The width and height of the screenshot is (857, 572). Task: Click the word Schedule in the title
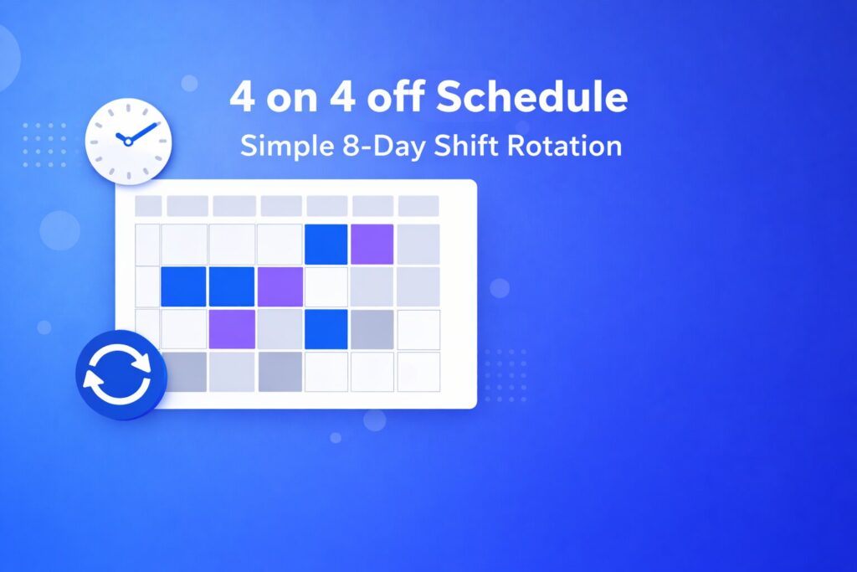[x=531, y=98]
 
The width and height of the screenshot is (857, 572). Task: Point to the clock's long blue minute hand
[x=143, y=132]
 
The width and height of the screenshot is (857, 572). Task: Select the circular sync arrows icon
[x=121, y=379]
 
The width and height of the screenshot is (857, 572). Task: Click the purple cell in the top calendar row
[x=372, y=244]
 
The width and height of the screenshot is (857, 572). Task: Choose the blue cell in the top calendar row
[x=326, y=244]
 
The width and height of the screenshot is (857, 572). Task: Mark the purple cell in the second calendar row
[x=280, y=286]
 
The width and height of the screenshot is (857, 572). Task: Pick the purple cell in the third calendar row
[x=232, y=329]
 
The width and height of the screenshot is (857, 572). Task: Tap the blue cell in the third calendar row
[x=326, y=329]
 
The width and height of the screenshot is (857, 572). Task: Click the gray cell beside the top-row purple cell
[x=418, y=244]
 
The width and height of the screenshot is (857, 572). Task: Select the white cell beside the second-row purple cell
[x=326, y=286]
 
